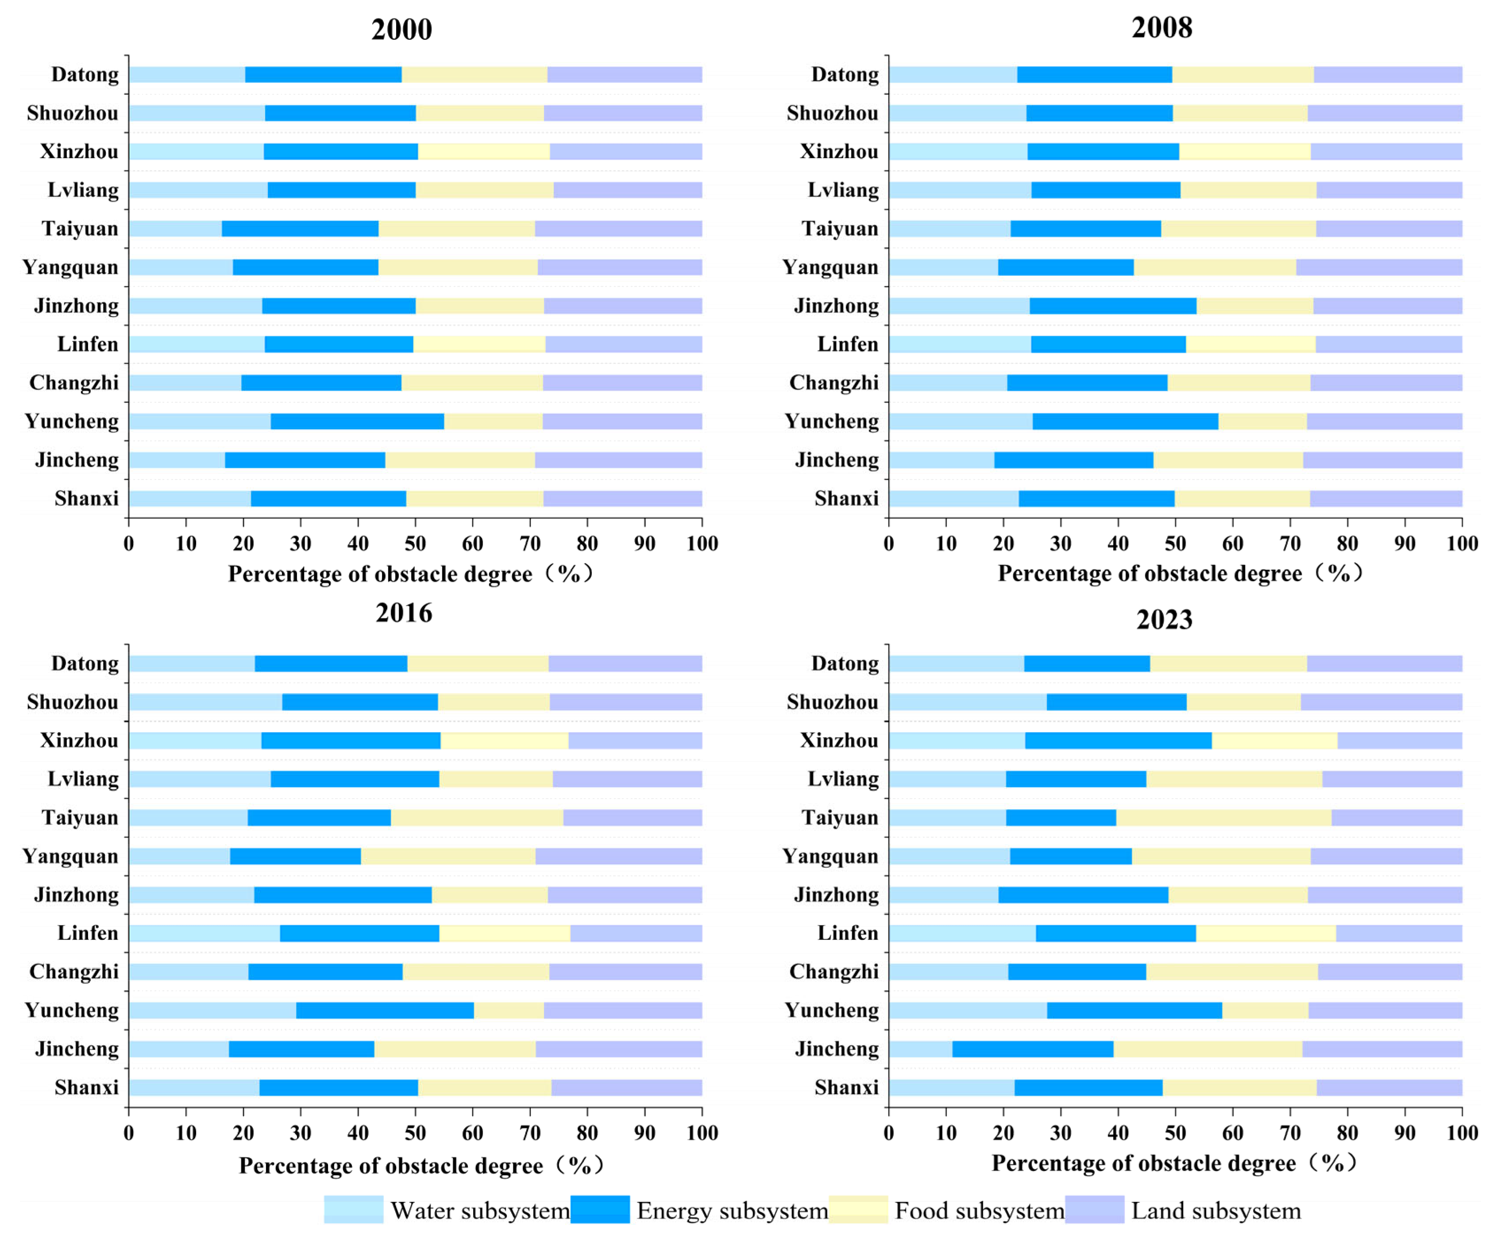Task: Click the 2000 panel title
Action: pyautogui.click(x=401, y=30)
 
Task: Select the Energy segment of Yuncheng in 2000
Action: pyautogui.click(x=357, y=421)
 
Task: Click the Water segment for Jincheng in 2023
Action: pyautogui.click(x=920, y=1049)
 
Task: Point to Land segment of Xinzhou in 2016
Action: pyautogui.click(x=635, y=741)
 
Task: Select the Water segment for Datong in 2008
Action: pyautogui.click(x=953, y=75)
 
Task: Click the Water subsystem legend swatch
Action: pyautogui.click(x=353, y=1210)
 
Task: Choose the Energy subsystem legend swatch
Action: pyautogui.click(x=600, y=1210)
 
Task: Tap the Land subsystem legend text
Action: pyautogui.click(x=1216, y=1210)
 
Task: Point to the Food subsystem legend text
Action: pyautogui.click(x=979, y=1210)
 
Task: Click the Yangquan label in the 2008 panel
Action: pyautogui.click(x=830, y=268)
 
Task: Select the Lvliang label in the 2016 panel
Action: pyautogui.click(x=83, y=780)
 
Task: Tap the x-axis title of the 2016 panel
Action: pyautogui.click(x=420, y=1166)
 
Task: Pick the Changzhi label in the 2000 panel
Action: pyautogui.click(x=74, y=383)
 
